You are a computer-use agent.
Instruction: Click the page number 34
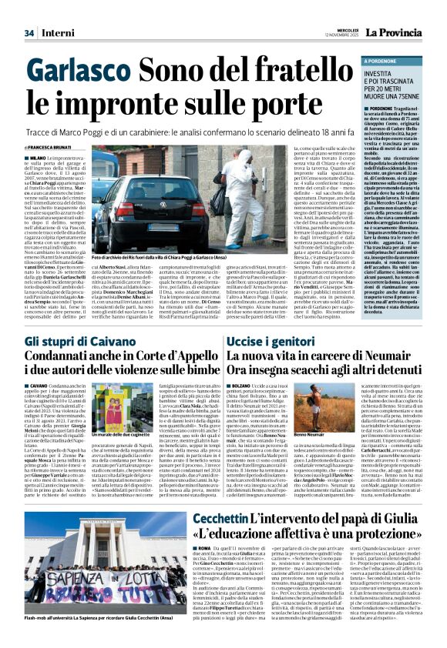click(29, 33)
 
